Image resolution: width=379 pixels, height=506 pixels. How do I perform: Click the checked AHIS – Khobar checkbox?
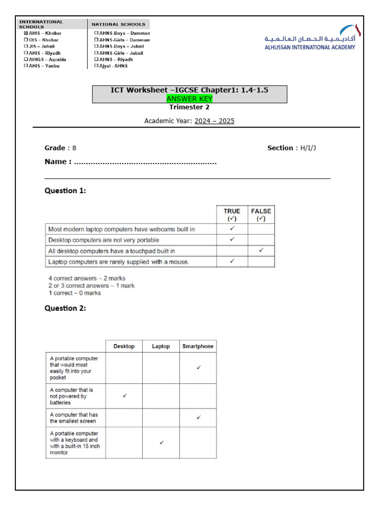[26, 33]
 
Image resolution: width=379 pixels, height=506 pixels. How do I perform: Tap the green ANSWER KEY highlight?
[189, 99]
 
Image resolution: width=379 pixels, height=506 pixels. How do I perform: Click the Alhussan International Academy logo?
[310, 37]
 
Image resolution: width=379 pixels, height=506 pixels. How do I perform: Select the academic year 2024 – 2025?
[214, 121]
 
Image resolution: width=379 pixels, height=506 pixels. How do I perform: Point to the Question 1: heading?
[65, 191]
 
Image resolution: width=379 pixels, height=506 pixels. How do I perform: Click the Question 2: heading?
[65, 308]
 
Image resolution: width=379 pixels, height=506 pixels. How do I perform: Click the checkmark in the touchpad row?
[261, 251]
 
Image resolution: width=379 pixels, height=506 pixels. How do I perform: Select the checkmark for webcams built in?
[232, 229]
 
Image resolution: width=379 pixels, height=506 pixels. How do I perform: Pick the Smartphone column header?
[198, 346]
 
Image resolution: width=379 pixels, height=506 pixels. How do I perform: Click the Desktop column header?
[124, 346]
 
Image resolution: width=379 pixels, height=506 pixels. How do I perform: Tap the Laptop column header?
[161, 346]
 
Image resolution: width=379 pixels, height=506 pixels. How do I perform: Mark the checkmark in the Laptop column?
[161, 442]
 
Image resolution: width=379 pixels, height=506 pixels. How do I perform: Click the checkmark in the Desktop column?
[124, 396]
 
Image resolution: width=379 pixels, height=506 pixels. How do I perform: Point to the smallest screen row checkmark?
[198, 418]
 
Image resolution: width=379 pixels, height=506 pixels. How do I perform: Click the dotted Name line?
[145, 162]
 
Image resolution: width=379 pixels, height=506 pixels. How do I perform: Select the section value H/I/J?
[308, 148]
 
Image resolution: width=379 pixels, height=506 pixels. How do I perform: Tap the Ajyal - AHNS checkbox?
[96, 66]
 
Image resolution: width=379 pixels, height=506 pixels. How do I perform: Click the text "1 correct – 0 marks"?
[75, 293]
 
